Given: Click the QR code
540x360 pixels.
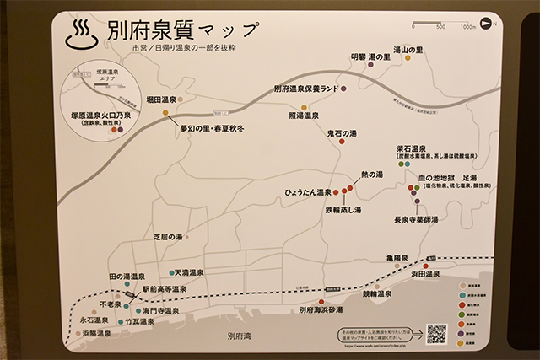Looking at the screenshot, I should (435, 334).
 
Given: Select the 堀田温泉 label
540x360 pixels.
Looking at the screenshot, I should (165, 99).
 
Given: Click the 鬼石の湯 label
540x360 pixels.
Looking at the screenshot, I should (342, 132).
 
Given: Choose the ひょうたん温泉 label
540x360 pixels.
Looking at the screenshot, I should (308, 192).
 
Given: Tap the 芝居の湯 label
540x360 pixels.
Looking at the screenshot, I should (167, 237).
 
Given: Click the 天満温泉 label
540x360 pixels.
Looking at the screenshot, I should (186, 272).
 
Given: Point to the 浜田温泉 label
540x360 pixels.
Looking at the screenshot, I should (425, 274).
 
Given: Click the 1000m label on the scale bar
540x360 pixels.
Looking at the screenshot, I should (467, 27).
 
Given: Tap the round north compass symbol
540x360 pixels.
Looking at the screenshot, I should (487, 22).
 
